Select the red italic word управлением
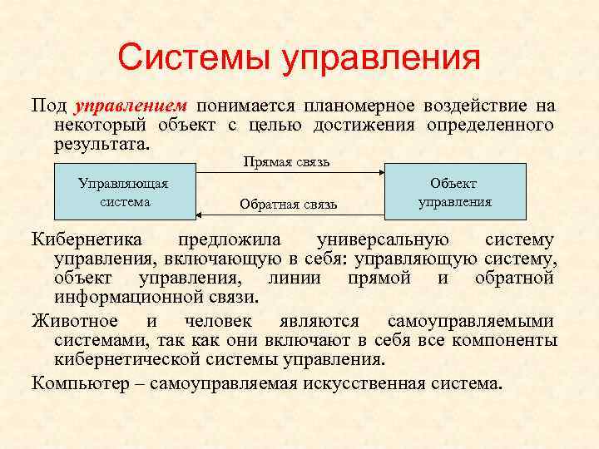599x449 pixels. (x=131, y=106)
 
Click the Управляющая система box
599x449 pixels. (x=124, y=191)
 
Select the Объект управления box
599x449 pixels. (x=455, y=191)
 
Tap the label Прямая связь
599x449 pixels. (x=286, y=161)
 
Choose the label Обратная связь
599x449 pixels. (x=288, y=203)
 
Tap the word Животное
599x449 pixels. (x=74, y=321)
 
